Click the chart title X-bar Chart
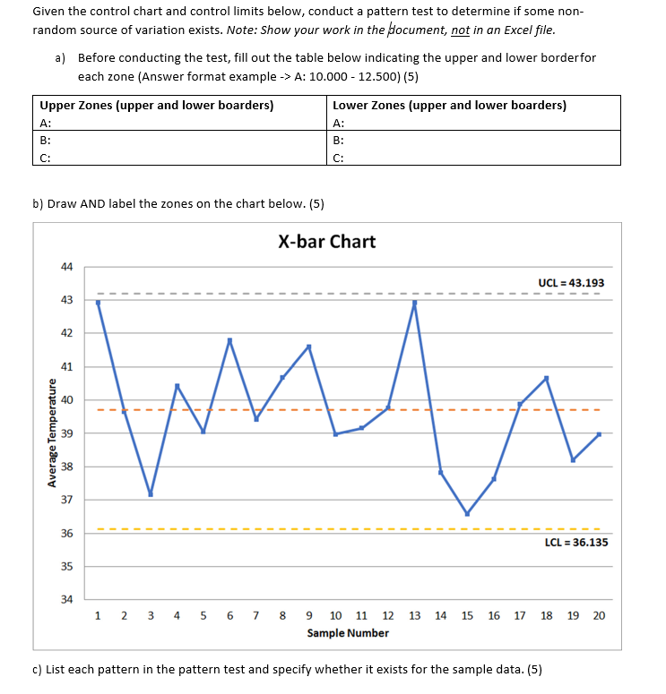click(326, 242)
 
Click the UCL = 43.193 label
click(570, 283)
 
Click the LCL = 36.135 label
click(575, 543)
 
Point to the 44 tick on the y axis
click(66, 267)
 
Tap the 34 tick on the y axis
click(66, 599)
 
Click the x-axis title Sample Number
click(348, 633)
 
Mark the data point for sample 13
click(414, 303)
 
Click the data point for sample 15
click(467, 514)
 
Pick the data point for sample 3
click(151, 494)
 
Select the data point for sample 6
click(229, 340)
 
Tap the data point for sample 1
click(98, 303)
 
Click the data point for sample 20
click(599, 433)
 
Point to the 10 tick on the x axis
click(335, 615)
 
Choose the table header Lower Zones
click(449, 105)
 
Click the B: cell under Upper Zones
click(179, 140)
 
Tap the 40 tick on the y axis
click(66, 399)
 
